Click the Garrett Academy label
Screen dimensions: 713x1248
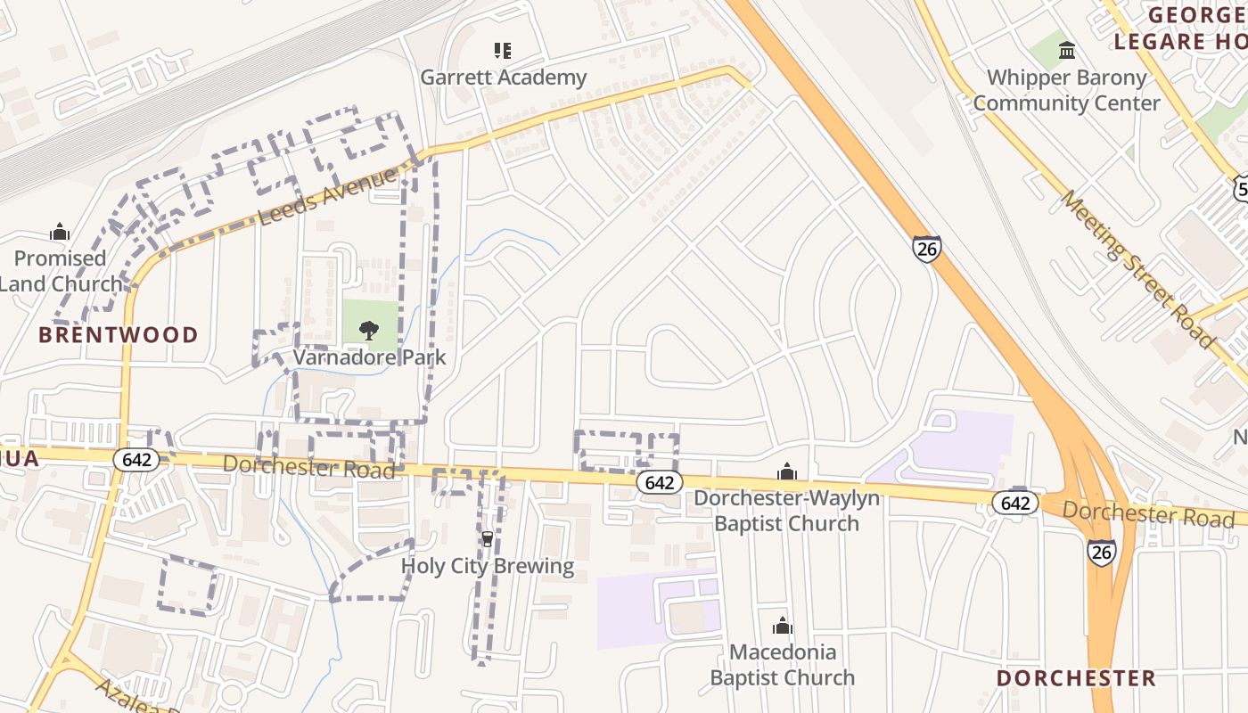coord(504,78)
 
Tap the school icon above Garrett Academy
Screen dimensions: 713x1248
coord(503,51)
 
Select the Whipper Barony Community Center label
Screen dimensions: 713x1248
coord(1066,90)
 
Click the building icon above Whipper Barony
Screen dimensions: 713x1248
coord(1067,51)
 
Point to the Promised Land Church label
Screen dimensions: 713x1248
coord(61,271)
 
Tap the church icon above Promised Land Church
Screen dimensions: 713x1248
coord(60,233)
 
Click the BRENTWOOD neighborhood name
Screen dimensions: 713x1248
coord(119,335)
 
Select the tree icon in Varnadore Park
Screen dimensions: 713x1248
coord(369,331)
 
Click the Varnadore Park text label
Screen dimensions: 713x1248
coord(370,357)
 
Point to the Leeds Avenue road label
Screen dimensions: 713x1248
coord(327,197)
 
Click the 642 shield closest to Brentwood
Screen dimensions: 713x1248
coord(136,460)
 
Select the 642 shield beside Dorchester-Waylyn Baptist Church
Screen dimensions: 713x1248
coord(659,482)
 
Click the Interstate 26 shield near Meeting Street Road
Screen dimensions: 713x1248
coord(927,249)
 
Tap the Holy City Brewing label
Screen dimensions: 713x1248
coord(488,566)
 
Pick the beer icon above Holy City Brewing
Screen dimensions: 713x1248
coord(487,539)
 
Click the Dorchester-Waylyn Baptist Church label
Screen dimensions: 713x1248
coord(786,511)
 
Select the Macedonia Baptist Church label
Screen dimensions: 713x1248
coord(783,665)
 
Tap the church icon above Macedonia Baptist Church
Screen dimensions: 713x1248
coord(783,626)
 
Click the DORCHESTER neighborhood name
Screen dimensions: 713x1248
coord(1076,678)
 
